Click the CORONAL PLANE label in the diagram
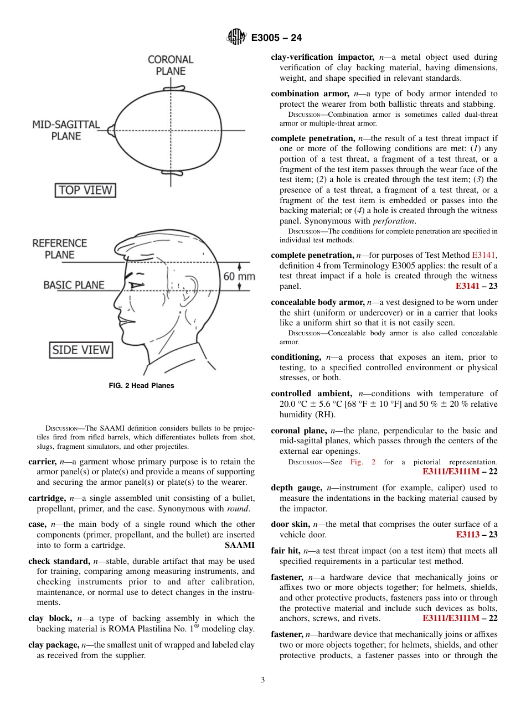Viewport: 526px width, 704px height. (171, 65)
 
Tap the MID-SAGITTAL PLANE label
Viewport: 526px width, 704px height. (66, 130)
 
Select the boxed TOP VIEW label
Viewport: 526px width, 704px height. (85, 190)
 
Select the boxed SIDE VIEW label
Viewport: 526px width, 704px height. (81, 350)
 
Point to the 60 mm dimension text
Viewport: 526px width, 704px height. (239, 276)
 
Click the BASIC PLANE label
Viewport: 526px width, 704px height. (74, 285)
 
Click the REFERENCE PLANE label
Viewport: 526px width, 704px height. (59, 249)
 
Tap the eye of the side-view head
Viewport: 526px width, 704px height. (135, 286)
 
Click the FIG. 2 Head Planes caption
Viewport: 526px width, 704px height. (141, 385)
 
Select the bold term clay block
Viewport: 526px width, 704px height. (50, 618)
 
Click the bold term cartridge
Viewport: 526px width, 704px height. (47, 498)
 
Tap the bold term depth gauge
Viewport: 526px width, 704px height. (296, 488)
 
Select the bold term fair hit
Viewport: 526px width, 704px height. (285, 551)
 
